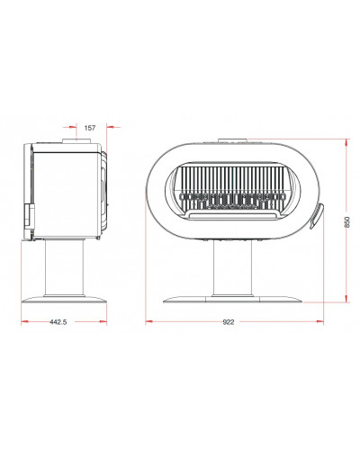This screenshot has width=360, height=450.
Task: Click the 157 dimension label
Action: pos(90,128)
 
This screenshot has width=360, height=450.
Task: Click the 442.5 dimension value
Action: pos(58,322)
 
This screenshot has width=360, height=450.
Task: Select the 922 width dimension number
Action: pos(229,322)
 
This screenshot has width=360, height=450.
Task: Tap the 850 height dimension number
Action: pos(347,221)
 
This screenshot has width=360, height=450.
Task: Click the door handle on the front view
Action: pos(317,215)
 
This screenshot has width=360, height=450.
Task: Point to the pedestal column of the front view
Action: pos(233,268)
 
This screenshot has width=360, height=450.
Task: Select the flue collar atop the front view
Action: pos(232,140)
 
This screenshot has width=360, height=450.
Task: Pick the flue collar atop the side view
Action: pos(76,140)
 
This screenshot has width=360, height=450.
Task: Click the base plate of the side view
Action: pos(64,300)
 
